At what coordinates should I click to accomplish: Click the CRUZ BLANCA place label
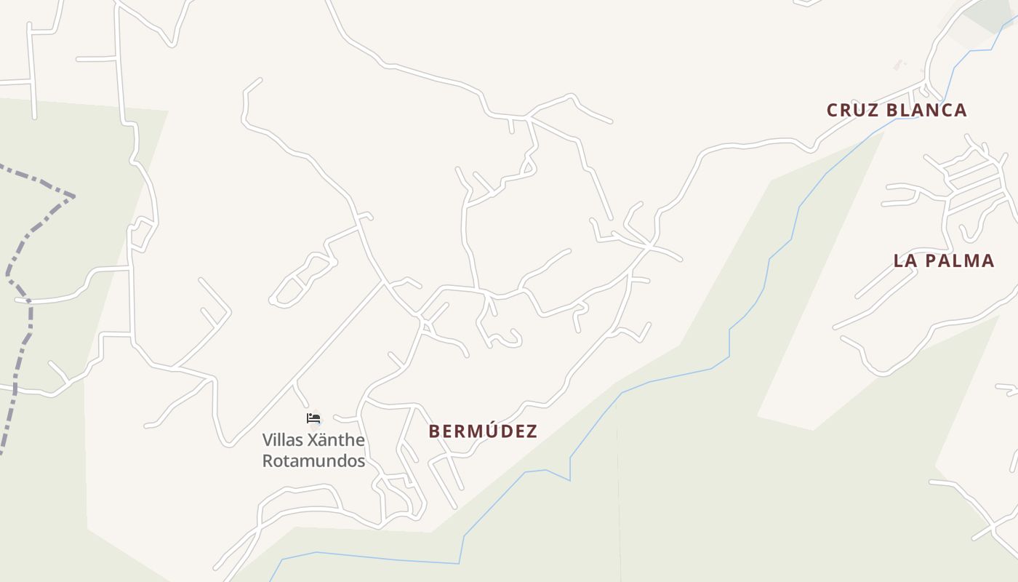coord(897,111)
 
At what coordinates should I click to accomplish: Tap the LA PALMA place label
coord(943,261)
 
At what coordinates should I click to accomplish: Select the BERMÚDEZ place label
coord(483,431)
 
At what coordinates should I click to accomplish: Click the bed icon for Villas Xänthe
coord(313,418)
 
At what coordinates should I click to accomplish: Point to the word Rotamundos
coord(313,461)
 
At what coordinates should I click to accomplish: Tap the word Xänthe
coord(336,440)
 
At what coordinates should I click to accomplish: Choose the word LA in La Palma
coord(904,261)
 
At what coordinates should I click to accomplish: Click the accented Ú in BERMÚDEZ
coord(486,431)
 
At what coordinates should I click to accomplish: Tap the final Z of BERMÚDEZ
coord(532,431)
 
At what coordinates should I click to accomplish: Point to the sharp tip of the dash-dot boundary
coord(73,196)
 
